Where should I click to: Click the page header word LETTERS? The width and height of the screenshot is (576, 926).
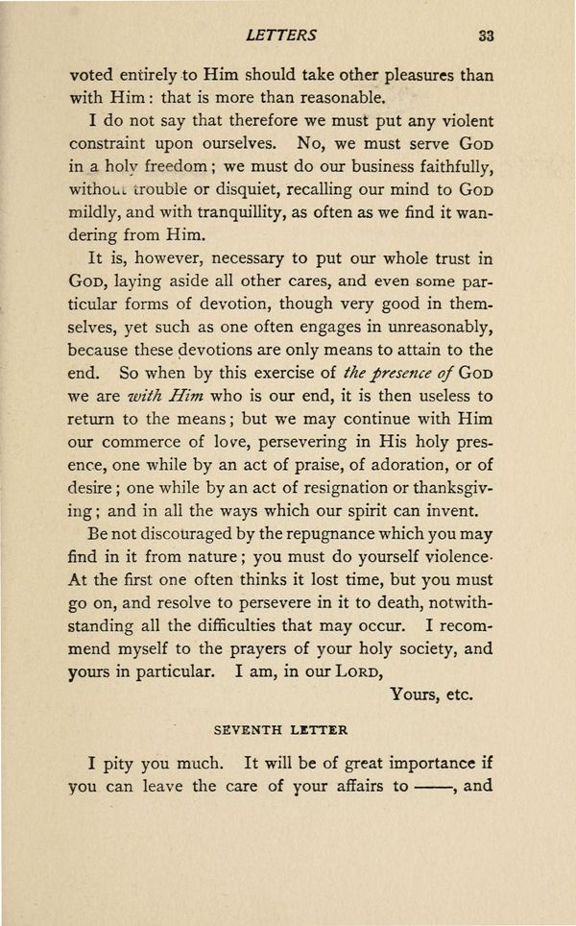(281, 36)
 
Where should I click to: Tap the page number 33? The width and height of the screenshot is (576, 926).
(484, 36)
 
